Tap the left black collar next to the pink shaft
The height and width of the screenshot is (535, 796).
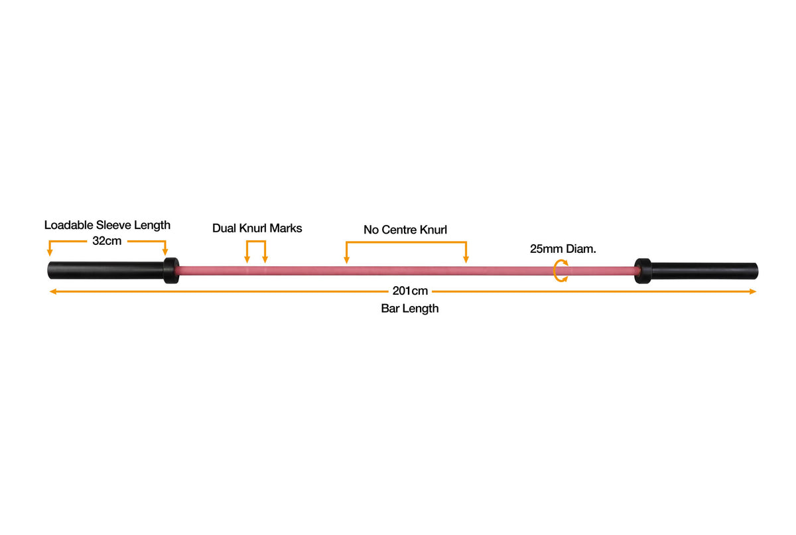point(171,271)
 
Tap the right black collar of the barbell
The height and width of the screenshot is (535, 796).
point(642,271)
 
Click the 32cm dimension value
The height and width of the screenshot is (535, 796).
point(107,241)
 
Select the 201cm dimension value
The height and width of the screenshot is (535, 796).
point(410,291)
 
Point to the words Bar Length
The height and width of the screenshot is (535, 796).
point(409,309)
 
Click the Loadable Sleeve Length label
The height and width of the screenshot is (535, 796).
point(107,225)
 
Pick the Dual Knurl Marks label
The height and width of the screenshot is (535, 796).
point(257,228)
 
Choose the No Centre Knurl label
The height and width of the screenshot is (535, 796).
point(405,230)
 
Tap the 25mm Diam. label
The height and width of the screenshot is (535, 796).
point(563,249)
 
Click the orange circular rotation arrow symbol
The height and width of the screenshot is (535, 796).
point(561,271)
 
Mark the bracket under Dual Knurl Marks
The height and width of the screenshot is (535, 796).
point(256,243)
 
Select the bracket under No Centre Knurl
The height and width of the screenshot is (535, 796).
point(406,243)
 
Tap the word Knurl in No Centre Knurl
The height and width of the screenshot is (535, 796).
point(434,230)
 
